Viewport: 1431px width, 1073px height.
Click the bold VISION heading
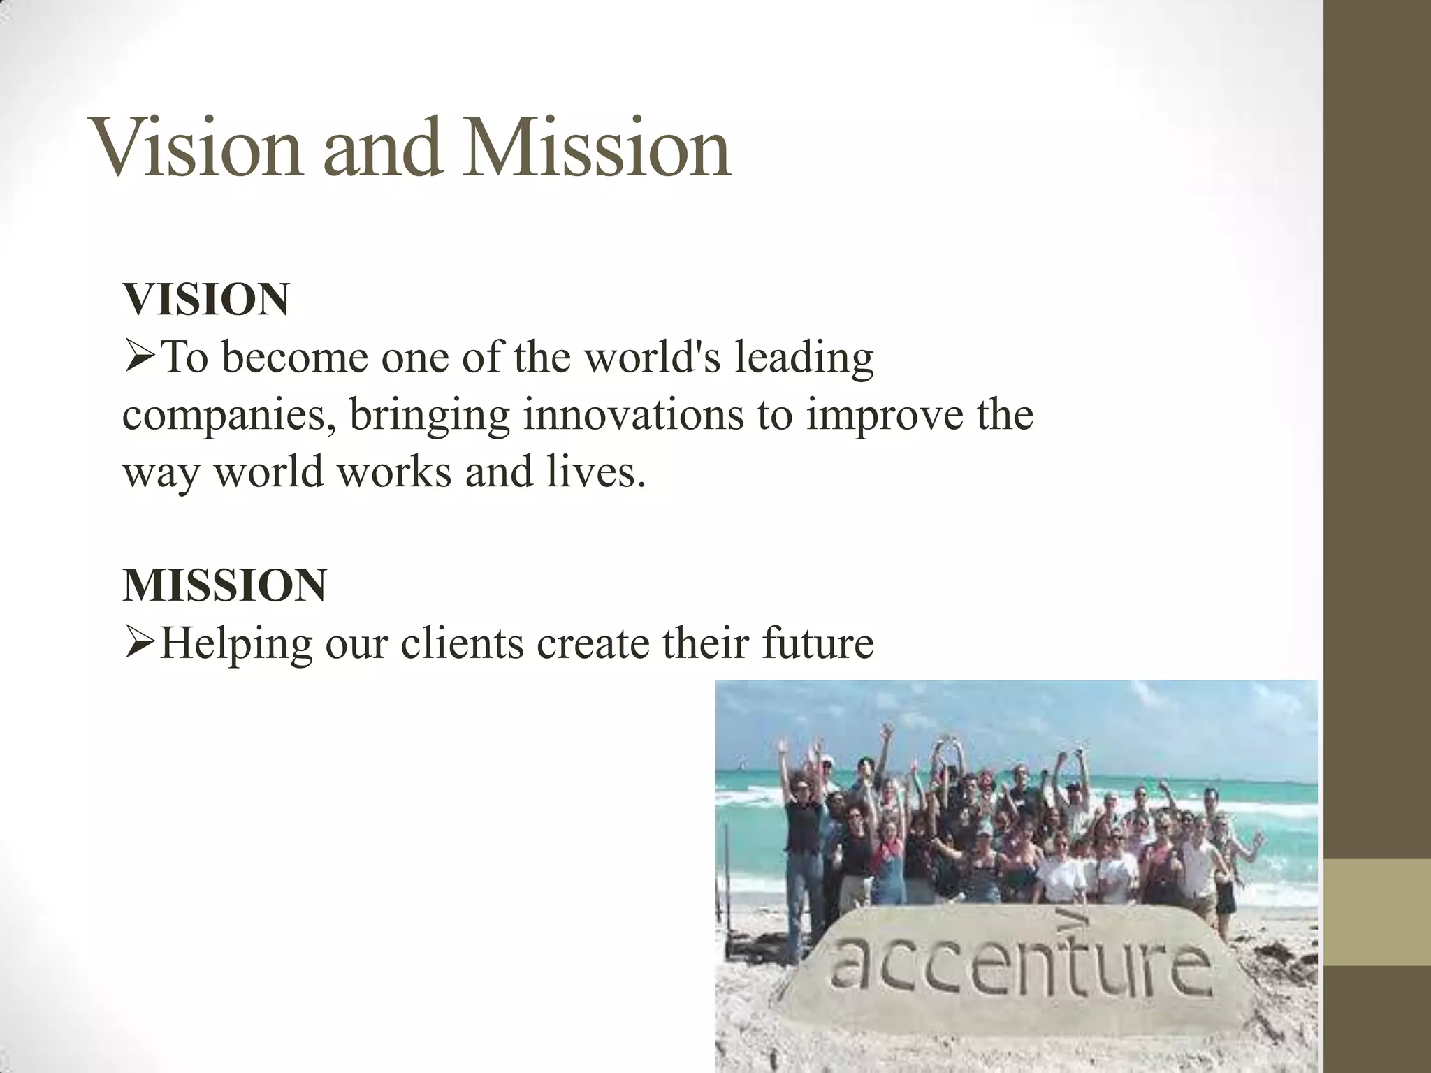tap(206, 300)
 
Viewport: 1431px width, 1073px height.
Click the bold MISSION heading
tap(224, 585)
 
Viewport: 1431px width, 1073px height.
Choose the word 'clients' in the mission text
tap(462, 643)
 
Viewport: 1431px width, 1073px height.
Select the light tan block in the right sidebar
tap(1377, 912)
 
